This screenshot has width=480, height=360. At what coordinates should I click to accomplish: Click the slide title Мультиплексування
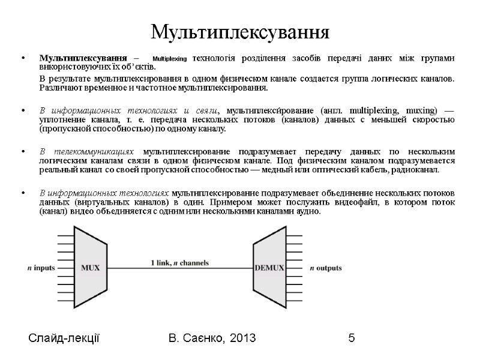240,31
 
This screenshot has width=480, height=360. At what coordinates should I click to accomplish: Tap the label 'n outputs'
326,268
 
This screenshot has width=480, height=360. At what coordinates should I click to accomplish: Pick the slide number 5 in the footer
351,340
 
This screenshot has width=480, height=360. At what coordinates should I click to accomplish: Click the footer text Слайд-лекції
64,340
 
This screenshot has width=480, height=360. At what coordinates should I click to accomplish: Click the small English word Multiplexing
170,59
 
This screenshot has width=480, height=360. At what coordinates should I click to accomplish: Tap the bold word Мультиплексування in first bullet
83,58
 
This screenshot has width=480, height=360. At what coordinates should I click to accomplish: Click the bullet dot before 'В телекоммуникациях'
23,151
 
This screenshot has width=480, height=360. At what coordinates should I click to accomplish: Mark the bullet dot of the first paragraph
23,59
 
